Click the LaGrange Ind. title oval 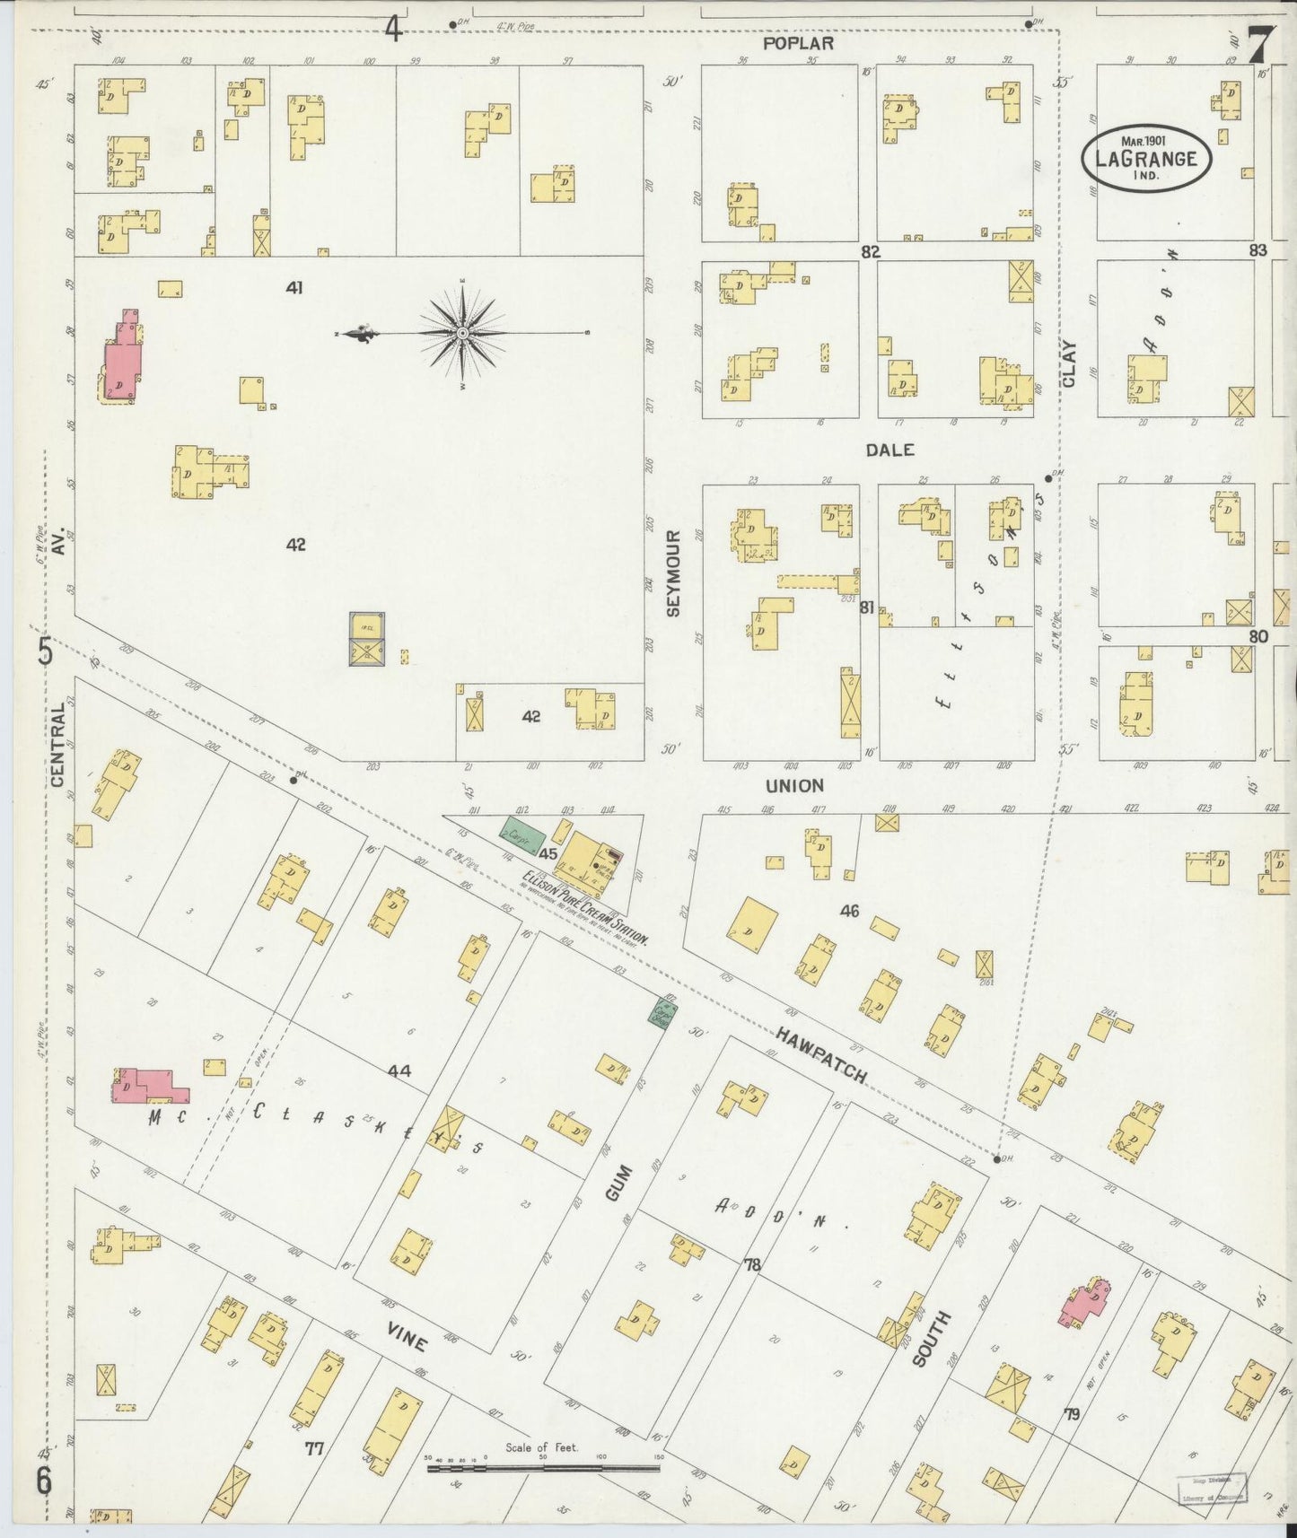tap(1146, 159)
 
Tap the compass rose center tap(462, 333)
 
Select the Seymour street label tap(673, 572)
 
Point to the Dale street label tap(889, 450)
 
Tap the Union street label tap(794, 785)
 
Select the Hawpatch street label tap(821, 1055)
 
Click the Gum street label tap(618, 1184)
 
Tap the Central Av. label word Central tap(58, 745)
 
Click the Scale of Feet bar tap(543, 1470)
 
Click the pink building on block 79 tap(1085, 1303)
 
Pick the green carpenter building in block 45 tap(521, 835)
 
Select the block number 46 tap(849, 911)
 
